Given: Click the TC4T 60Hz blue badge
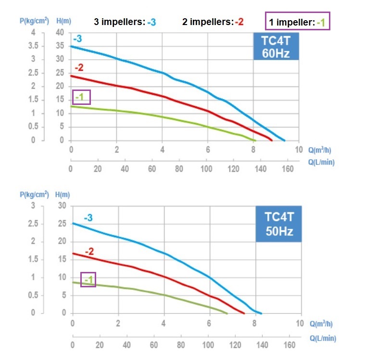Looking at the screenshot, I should coord(276,46).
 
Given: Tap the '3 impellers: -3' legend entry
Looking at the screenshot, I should coord(125,22).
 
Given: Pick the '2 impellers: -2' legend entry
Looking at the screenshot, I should coord(213,22).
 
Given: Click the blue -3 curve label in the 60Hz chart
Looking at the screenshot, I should coord(78,39).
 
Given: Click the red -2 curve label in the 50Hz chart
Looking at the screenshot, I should coord(89,251).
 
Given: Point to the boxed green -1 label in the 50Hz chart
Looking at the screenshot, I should coord(88,280).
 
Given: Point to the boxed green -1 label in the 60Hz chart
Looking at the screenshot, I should coord(81,97).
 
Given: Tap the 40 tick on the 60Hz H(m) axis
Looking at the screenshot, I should coord(60,33).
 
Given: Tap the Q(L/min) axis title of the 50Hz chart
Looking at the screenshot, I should coord(322,338).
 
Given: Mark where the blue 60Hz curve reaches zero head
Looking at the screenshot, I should coord(284,141).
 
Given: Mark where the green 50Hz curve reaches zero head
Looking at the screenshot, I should coord(227,313).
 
